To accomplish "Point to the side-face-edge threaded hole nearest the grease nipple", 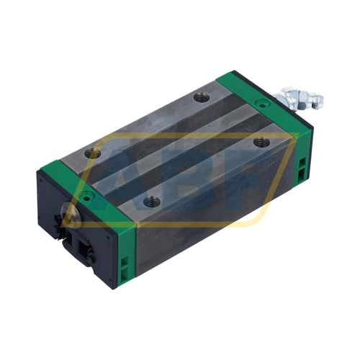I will pos(257,142).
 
